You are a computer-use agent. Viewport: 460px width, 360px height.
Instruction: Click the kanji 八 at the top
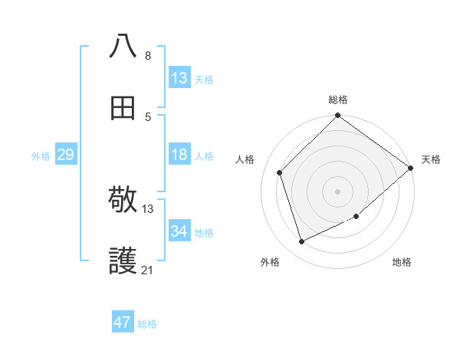coord(123,46)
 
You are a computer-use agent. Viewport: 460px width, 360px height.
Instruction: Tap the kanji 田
coord(123,108)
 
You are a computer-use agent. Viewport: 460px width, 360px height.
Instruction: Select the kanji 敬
coord(123,201)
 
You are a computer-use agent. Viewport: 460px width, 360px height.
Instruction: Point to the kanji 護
coord(123,263)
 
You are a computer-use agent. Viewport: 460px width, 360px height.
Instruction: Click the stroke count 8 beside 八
coord(148,55)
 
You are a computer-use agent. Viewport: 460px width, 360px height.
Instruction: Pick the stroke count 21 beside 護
coord(148,270)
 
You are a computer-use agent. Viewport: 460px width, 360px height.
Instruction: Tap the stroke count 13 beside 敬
coord(148,208)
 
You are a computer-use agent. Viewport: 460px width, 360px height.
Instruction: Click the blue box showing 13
coord(179,78)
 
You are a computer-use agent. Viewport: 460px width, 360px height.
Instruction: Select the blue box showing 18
coord(179,155)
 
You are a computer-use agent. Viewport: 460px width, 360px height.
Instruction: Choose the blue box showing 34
coord(179,231)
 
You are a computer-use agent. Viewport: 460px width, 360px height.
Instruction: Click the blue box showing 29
coord(65,155)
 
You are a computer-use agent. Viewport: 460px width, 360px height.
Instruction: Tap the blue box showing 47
coord(123,322)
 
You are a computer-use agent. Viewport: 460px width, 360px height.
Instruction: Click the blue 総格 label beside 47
coord(147,324)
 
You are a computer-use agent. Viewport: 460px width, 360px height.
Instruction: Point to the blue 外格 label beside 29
coord(41,156)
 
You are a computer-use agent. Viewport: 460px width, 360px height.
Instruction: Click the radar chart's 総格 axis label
coord(338,100)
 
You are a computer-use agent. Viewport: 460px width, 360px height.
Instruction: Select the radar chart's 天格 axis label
coord(431,159)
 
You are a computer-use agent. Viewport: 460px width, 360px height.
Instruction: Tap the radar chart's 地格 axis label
coord(402,263)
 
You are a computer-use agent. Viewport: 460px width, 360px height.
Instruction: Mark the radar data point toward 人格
coord(280,172)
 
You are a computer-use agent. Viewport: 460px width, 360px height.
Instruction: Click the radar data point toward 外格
coord(302,241)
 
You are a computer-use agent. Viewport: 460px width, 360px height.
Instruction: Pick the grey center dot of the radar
coord(337,191)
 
